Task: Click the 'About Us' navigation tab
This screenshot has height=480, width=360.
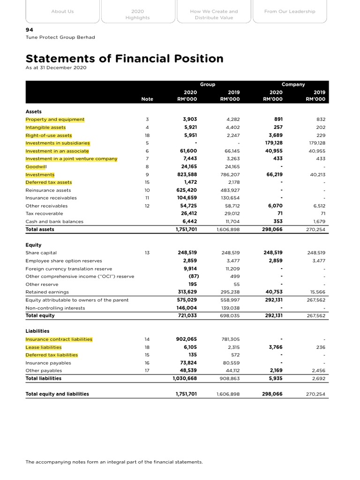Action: pos(62,11)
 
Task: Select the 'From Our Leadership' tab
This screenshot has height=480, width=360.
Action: pos(290,11)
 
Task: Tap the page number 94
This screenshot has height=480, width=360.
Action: pos(29,29)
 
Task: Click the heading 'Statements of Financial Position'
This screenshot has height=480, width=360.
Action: pos(124,59)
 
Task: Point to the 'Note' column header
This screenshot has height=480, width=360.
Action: pos(147,99)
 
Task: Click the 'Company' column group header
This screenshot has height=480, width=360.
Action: pos(293,84)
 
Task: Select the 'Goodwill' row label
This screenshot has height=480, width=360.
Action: pos(36,166)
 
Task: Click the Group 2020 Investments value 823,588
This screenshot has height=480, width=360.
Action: pos(187,174)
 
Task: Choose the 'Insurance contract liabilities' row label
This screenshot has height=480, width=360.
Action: pos(59,339)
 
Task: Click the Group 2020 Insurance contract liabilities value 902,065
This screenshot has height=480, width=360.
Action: pos(186,339)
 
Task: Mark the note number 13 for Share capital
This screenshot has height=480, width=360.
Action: pos(147,253)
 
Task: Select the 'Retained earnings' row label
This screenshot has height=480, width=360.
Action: pos(47,292)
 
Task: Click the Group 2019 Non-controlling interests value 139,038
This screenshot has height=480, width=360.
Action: pos(230,308)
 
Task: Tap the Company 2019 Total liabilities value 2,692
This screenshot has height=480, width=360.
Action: pos(318,378)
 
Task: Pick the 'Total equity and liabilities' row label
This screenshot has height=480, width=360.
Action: pos(57,394)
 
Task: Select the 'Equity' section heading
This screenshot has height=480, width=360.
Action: pos(33,245)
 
